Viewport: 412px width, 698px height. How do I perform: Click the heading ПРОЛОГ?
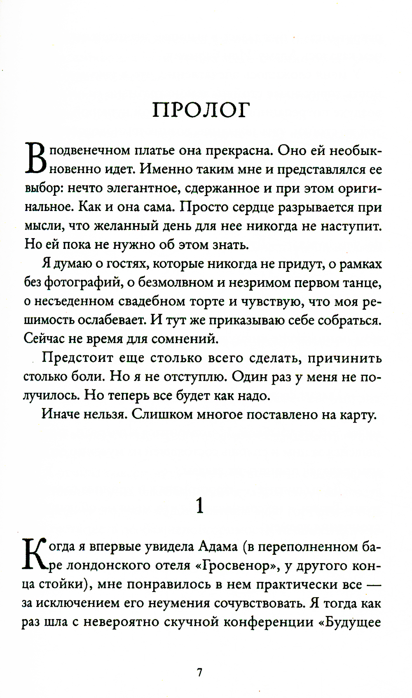pyautogui.click(x=201, y=110)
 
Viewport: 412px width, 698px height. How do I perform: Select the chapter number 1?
pyautogui.click(x=200, y=506)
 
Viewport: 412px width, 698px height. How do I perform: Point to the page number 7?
pyautogui.click(x=200, y=673)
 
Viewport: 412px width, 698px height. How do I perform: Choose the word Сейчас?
pyautogui.click(x=44, y=339)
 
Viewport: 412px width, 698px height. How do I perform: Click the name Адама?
pyautogui.click(x=218, y=547)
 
